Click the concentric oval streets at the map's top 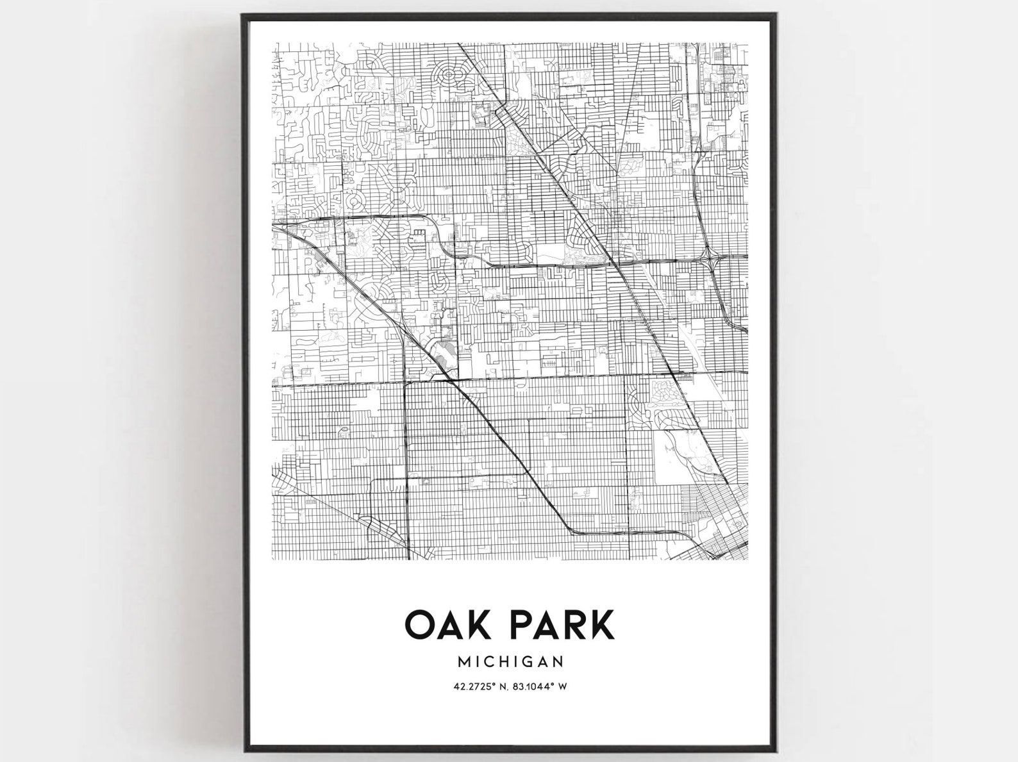[449, 76]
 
